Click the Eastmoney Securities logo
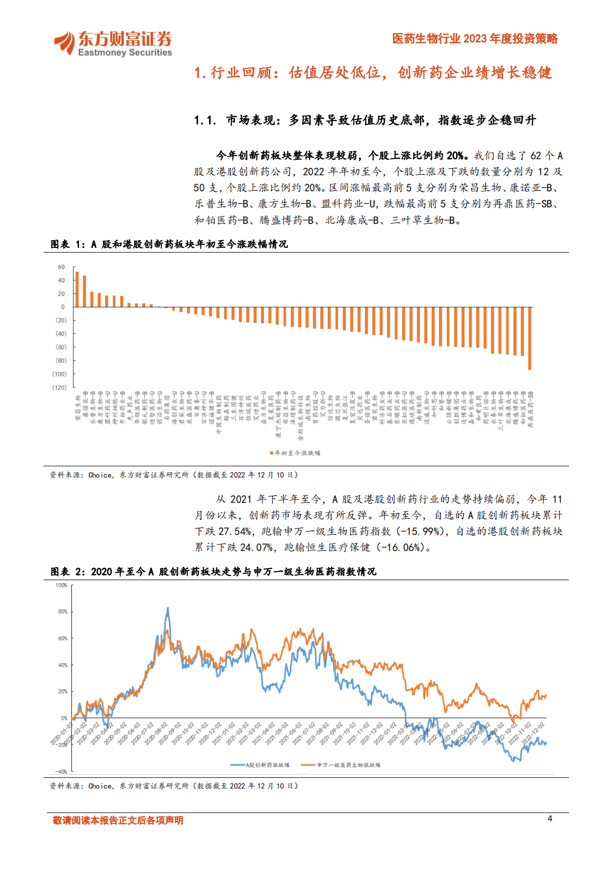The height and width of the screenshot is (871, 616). click(x=113, y=43)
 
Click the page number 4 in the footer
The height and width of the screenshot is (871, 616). click(x=550, y=818)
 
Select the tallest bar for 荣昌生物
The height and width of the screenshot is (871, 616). click(x=77, y=289)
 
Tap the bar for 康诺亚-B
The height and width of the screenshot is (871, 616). click(x=84, y=291)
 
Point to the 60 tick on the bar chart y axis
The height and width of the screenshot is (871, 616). click(x=62, y=267)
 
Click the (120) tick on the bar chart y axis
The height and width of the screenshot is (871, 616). click(x=60, y=387)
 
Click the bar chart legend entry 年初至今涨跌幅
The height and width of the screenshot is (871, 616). click(x=295, y=453)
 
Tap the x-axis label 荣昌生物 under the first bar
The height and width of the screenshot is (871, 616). click(x=78, y=408)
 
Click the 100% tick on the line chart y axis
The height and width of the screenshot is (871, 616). click(x=61, y=585)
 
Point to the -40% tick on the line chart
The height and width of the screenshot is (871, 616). click(x=61, y=772)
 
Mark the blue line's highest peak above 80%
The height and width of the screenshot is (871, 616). click(x=167, y=609)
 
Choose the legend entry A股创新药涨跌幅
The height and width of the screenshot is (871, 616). click(x=260, y=765)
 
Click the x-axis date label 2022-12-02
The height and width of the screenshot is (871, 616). click(x=535, y=733)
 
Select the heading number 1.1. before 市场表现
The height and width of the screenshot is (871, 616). click(x=205, y=121)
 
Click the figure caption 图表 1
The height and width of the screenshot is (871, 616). click(x=67, y=244)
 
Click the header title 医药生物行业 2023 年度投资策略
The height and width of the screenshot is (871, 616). click(x=475, y=39)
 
